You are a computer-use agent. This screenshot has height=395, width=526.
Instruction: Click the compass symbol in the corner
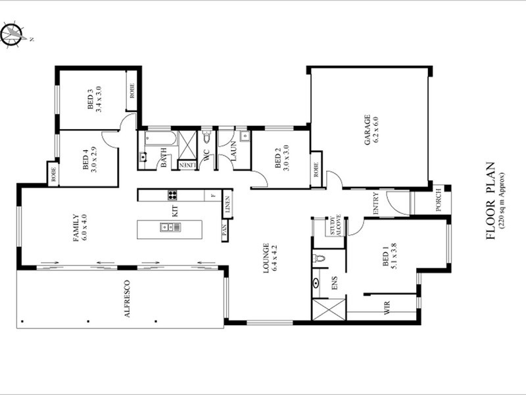click(12, 34)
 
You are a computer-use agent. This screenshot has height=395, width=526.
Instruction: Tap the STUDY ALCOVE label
click(335, 225)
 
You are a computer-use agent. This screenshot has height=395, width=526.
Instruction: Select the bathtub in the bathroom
click(160, 139)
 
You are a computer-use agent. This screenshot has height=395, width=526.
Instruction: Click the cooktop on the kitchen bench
click(173, 194)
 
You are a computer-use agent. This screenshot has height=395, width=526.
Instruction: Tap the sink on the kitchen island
click(165, 227)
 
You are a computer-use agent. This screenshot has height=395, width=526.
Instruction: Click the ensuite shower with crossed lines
click(329, 309)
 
